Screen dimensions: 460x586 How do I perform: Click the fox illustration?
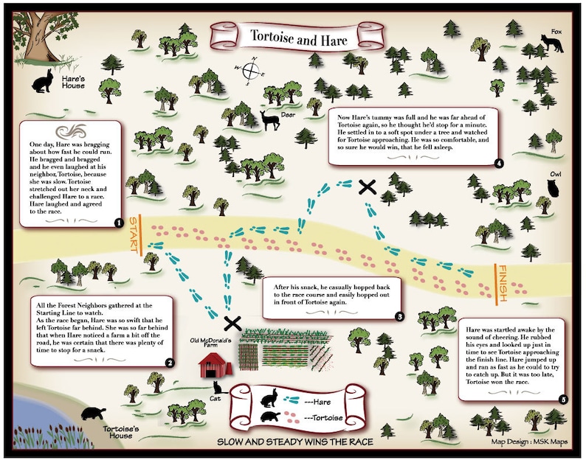point(553,46)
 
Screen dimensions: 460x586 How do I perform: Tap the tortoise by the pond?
point(95,416)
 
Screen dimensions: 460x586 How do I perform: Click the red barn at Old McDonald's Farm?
point(216,363)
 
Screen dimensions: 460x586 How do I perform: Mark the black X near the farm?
point(232,322)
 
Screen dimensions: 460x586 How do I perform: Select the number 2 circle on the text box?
point(169,362)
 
